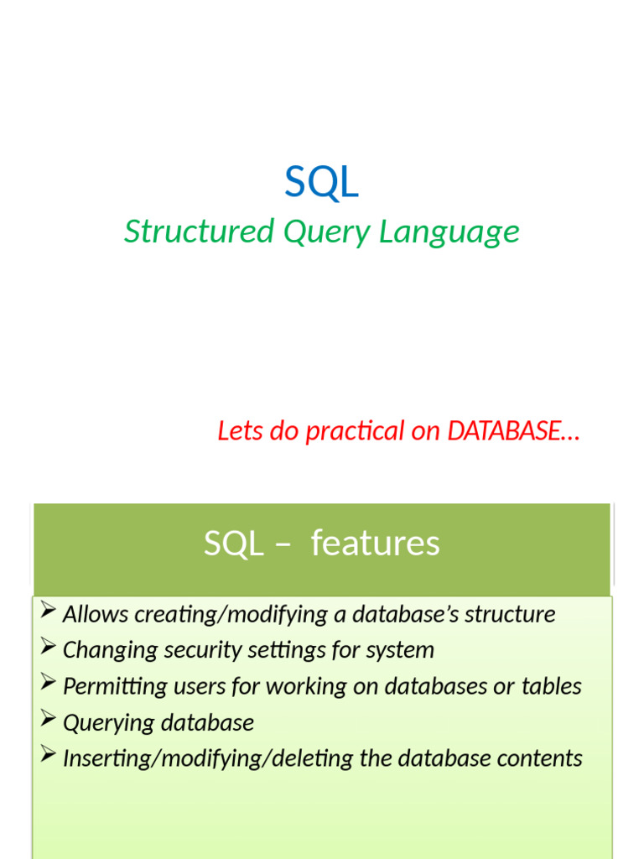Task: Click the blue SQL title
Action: click(x=321, y=182)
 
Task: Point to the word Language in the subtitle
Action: click(x=449, y=232)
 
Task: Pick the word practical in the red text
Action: click(x=355, y=432)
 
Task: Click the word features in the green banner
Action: click(x=375, y=544)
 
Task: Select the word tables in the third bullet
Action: click(x=551, y=686)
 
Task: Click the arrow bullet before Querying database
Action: click(x=47, y=720)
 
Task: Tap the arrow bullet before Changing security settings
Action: click(x=47, y=647)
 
